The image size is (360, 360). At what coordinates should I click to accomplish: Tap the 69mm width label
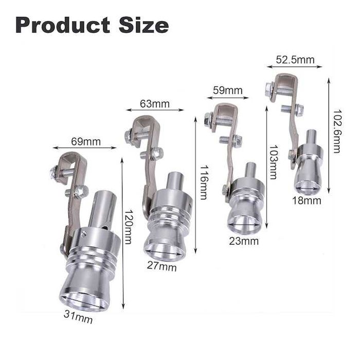pos(86,141)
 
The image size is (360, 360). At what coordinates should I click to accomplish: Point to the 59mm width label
pos(227,91)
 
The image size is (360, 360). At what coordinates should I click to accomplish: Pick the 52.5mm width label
pos(295,60)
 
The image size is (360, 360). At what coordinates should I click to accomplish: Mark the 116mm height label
pos(204,183)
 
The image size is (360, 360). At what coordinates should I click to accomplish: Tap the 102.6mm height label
pos(337,131)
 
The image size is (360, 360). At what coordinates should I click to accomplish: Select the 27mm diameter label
pos(162,267)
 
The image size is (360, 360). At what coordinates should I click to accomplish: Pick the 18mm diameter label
pos(307,201)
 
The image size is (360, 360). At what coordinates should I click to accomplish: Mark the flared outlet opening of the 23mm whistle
pos(241,224)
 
